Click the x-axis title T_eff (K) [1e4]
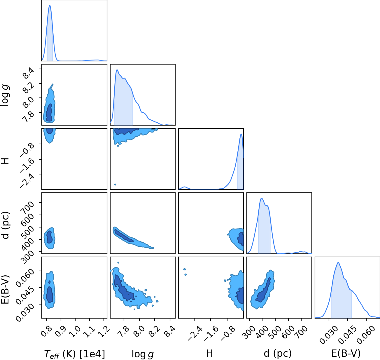(x=75, y=354)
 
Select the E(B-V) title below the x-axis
(x=346, y=354)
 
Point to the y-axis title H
(x=5, y=161)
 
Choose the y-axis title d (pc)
(x=6, y=225)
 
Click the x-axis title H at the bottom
(x=209, y=353)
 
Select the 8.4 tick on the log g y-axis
(x=28, y=73)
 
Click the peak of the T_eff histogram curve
(x=50, y=5)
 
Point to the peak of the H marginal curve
(x=241, y=134)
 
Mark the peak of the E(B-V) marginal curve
(x=338, y=263)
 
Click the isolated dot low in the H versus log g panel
(x=115, y=185)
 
